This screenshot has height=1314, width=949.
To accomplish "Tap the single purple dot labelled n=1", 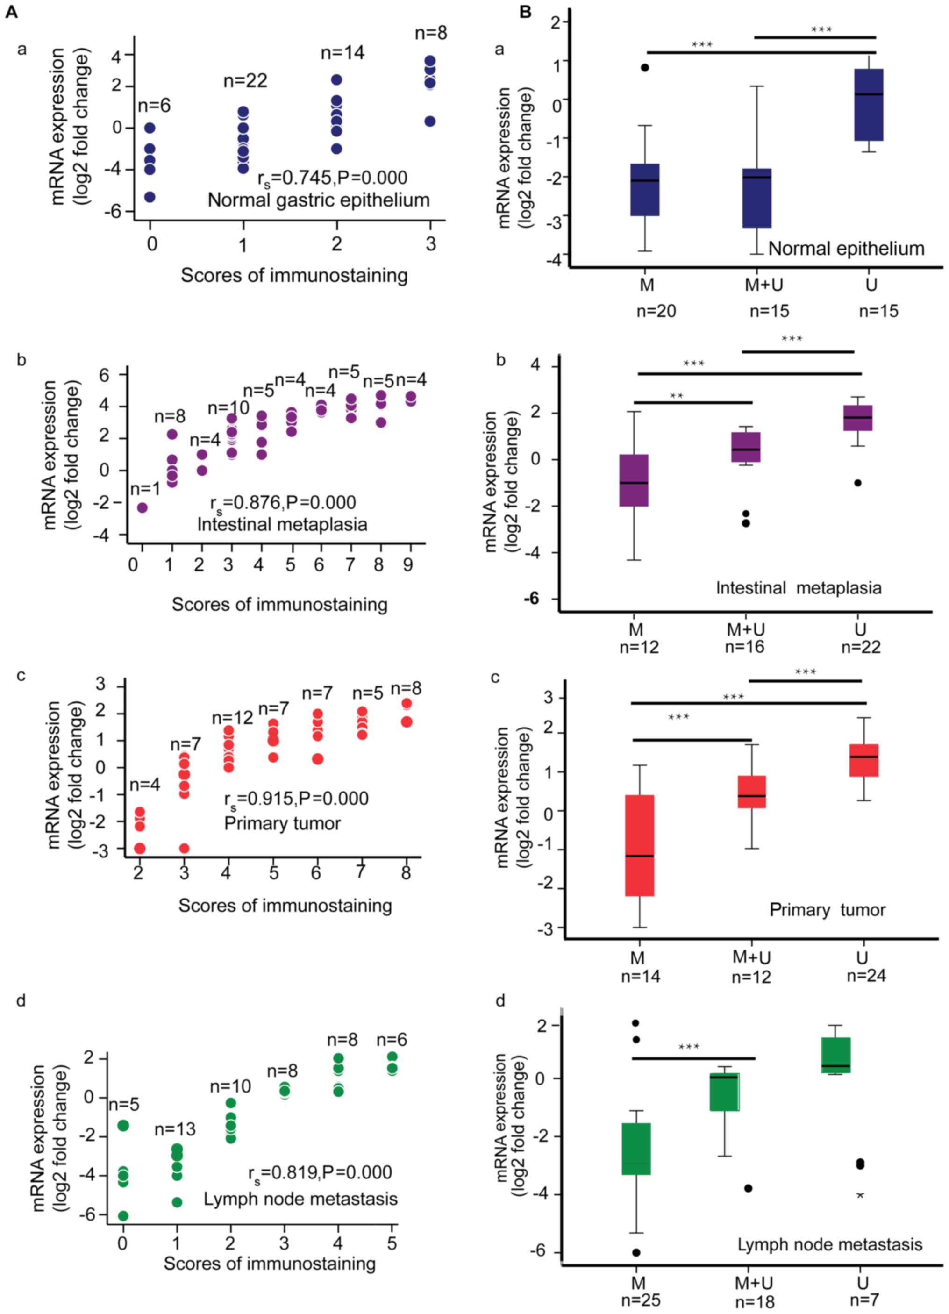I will [x=142, y=507].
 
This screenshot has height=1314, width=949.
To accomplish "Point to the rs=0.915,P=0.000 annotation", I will [x=296, y=799].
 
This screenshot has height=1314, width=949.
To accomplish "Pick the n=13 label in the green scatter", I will [x=175, y=1128].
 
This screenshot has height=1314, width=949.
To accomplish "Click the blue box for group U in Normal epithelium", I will [x=869, y=104].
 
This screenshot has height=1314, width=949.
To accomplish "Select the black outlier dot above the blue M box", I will [x=645, y=67].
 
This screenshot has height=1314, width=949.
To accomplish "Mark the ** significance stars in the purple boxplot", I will [x=676, y=396].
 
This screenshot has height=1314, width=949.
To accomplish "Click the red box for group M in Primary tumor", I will [x=640, y=845].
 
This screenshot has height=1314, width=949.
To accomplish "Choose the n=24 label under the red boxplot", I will [x=867, y=976].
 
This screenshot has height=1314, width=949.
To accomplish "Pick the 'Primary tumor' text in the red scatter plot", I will [x=282, y=823].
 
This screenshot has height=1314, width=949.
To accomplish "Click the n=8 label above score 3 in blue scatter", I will [x=431, y=33].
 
